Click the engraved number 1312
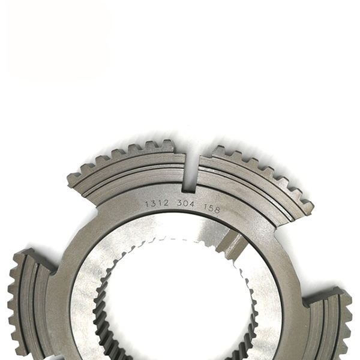click(x=157, y=203)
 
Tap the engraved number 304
click(x=186, y=204)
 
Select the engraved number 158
click(x=212, y=209)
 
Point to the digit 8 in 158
click(x=217, y=210)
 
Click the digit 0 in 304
click(x=186, y=204)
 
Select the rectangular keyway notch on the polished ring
click(x=231, y=245)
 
